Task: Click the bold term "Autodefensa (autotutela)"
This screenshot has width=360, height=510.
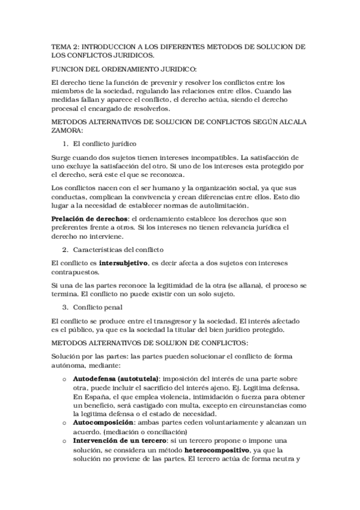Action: click(116, 379)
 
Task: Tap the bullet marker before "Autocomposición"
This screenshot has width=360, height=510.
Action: click(64, 423)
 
